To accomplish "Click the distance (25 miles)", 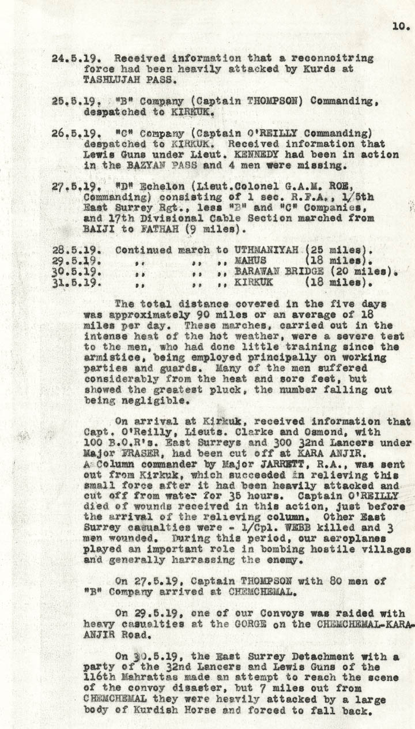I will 341,250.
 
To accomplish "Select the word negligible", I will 145,400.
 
